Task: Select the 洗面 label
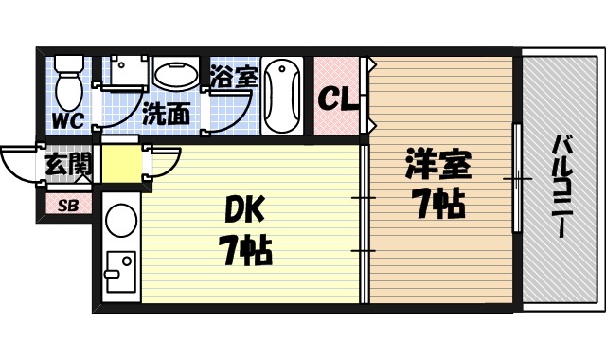[165, 115]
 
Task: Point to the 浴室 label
[234, 76]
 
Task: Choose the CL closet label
[337, 98]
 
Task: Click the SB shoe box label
[68, 205]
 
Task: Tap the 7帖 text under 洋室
[437, 202]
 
